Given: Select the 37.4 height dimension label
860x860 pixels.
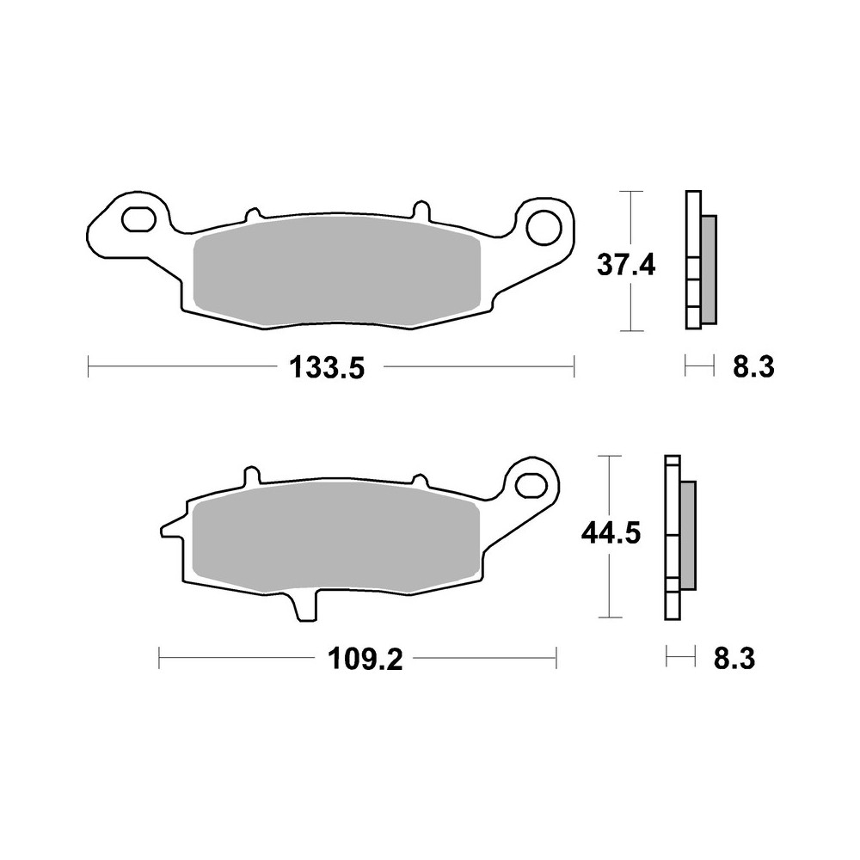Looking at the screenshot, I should pos(626,266).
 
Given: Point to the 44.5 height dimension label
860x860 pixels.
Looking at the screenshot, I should pos(610,534).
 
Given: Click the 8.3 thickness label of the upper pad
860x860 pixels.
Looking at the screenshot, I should pos(753,368).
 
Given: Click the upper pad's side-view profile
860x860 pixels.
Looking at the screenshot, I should pos(698,258).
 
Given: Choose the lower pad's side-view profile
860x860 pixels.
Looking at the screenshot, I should pos(679,537).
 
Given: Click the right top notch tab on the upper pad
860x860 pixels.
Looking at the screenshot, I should pos(420,210).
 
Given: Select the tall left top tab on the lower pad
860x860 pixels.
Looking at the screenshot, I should pos(251,476).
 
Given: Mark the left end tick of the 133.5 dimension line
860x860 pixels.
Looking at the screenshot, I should pos(89,368).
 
